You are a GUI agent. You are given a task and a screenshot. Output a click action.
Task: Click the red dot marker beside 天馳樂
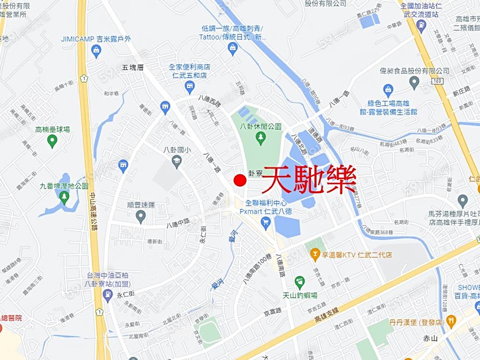coord(240,180)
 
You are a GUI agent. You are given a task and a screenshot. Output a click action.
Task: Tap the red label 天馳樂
coord(310,180)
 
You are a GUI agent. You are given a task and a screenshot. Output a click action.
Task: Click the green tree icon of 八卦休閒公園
coord(261,139)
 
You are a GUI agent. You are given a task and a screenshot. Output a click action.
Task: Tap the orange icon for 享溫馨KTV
coord(315,254)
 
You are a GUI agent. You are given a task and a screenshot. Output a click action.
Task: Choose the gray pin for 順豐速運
coord(141,216)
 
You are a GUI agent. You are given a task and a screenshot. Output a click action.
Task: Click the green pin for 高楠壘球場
coord(52,141)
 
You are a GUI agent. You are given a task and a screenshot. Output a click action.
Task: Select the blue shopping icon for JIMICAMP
coord(96,51)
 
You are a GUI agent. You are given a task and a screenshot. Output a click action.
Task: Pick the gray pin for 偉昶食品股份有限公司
coord(414,82)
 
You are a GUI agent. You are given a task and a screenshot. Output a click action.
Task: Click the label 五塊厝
coord(133,68)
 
